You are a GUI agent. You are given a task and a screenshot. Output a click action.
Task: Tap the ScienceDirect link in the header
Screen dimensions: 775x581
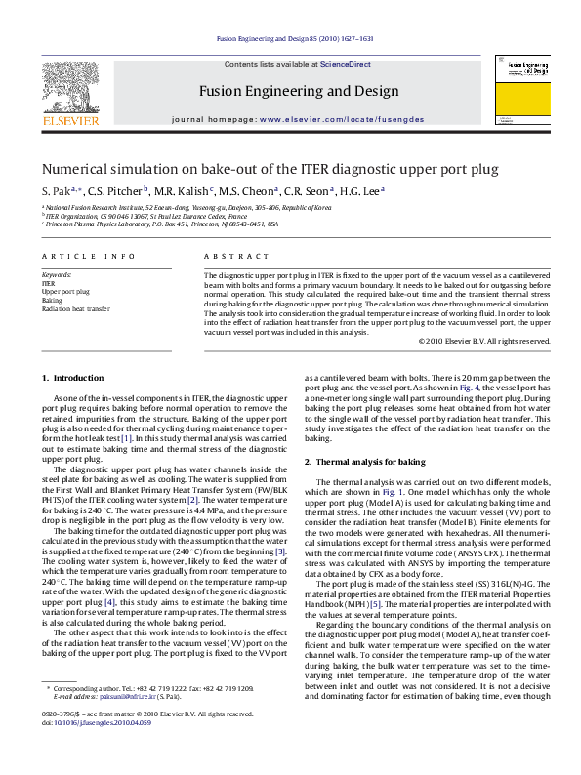pos(346,63)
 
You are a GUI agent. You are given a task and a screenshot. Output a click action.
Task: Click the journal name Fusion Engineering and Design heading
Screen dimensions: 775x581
pos(299,92)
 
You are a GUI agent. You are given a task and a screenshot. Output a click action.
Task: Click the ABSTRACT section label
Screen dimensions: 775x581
pos(228,256)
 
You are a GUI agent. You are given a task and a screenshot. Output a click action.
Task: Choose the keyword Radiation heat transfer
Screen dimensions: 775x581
pos(75,308)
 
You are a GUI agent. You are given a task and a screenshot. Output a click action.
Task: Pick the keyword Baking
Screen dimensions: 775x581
pos(52,300)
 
